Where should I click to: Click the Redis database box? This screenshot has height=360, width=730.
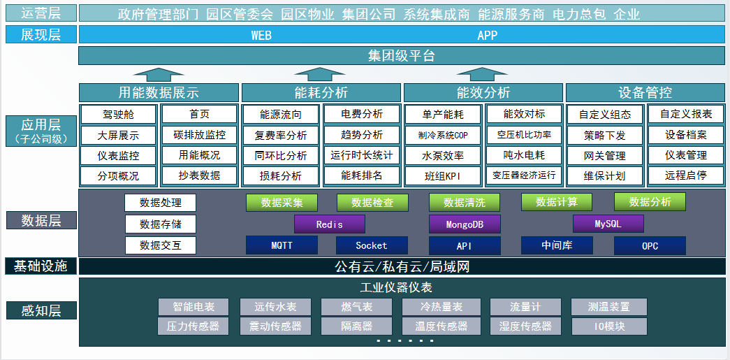point(329,224)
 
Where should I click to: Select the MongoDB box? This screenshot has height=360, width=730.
point(465,224)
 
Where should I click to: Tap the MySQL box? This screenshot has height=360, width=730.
point(608,224)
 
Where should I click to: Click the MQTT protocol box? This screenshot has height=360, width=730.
point(282,245)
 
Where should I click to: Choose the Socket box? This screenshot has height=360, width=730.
point(371,245)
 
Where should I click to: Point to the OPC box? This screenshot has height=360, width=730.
point(650,245)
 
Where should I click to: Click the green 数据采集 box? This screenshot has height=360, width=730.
point(282,203)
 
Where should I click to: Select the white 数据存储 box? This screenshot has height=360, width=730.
point(160,224)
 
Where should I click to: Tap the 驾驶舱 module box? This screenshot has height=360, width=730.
point(118,115)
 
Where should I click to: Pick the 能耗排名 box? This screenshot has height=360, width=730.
point(362,175)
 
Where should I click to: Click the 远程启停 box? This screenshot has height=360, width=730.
point(685,175)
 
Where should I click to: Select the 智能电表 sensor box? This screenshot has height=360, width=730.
point(193,307)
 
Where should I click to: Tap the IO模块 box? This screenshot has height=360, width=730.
point(609,326)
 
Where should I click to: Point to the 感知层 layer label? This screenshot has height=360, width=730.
point(40,310)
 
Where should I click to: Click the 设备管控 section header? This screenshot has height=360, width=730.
point(645,92)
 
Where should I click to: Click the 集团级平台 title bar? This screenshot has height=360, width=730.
point(401,56)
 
